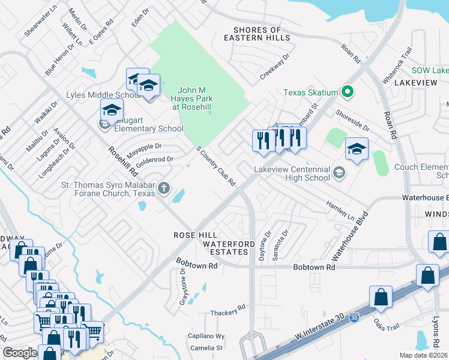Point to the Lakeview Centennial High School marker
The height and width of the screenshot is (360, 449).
[x=339, y=173]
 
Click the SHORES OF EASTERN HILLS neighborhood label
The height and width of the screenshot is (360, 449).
[x=257, y=34]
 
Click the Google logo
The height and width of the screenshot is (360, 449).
[x=20, y=353]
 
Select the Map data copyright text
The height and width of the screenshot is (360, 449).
[x=423, y=355]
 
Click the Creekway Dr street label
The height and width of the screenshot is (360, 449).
[x=275, y=67]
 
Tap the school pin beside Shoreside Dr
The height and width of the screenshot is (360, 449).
[x=357, y=149]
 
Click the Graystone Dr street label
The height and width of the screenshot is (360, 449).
[x=183, y=288]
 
